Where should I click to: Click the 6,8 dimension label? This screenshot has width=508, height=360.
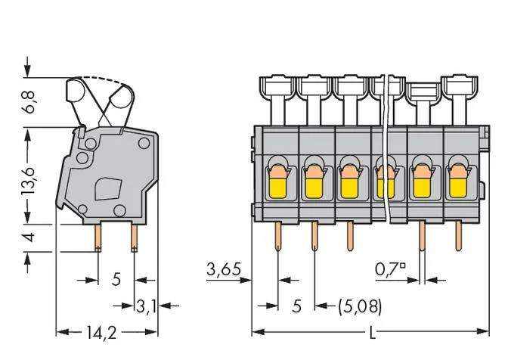click(x=29, y=102)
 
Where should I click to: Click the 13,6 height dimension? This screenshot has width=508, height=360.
click(x=29, y=182)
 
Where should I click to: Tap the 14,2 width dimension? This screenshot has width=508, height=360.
click(x=101, y=333)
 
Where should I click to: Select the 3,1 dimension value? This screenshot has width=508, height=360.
click(x=146, y=306)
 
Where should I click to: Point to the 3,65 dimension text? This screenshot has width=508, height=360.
click(x=224, y=269)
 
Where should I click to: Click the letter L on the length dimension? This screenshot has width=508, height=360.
click(x=373, y=333)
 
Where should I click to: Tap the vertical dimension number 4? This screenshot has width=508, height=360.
click(x=29, y=237)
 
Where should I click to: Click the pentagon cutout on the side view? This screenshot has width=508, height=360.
click(x=108, y=188)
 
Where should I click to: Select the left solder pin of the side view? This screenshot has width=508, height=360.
click(x=98, y=238)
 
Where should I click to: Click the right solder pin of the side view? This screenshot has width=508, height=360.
click(x=134, y=238)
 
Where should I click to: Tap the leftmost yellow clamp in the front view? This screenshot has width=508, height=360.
click(x=278, y=188)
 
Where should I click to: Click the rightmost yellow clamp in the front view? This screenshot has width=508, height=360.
click(x=458, y=188)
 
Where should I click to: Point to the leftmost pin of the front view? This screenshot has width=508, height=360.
click(x=278, y=237)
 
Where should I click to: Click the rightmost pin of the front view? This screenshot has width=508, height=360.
click(x=458, y=235)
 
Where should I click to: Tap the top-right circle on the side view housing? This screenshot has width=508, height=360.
click(x=144, y=143)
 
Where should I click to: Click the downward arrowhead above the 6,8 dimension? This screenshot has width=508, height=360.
click(x=28, y=70)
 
